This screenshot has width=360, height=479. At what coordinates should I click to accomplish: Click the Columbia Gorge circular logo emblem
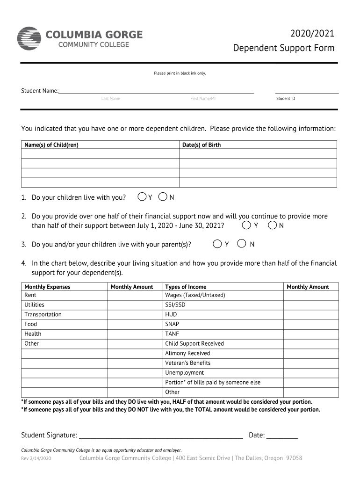29,38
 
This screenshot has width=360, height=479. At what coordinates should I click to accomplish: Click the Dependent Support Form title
284,48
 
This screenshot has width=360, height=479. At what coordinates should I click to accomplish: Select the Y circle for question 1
142,197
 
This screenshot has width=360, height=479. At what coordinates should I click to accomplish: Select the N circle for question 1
163,197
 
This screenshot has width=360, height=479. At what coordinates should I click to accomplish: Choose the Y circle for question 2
246,225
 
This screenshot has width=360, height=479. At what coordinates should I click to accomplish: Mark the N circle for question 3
242,244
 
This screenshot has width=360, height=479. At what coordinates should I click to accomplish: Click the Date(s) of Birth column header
202,145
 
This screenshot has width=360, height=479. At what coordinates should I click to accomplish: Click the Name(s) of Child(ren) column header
51,145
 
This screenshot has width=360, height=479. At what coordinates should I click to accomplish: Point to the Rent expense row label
30,295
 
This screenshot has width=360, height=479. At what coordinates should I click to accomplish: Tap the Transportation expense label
43,314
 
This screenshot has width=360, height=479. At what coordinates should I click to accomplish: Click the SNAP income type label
172,324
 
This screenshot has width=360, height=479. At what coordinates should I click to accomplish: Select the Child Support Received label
194,343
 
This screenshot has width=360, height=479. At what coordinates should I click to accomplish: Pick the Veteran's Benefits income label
188,363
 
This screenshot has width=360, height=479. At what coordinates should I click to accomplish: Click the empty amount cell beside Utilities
135,305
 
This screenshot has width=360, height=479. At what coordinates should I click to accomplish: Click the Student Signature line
161,436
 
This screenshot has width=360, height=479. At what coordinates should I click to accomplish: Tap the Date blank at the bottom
282,436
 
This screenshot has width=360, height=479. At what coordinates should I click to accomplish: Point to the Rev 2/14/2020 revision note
36,458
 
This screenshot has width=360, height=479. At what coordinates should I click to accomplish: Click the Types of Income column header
186,287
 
